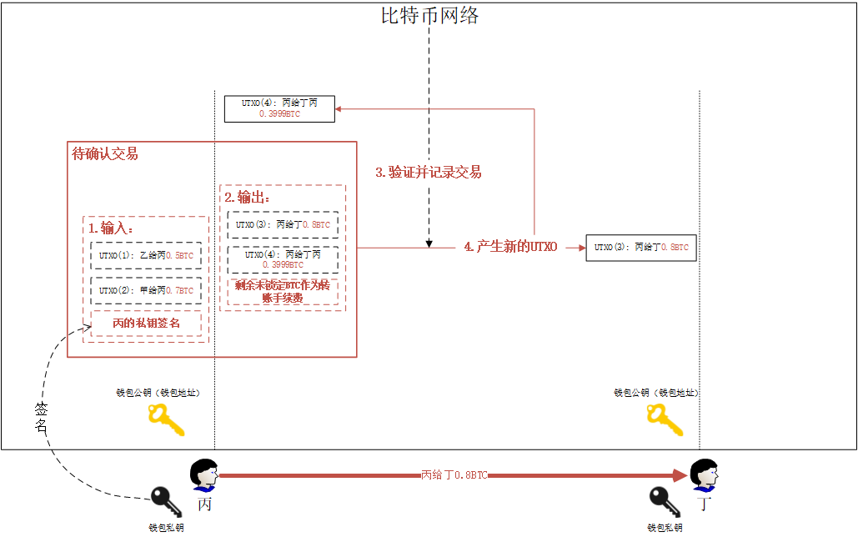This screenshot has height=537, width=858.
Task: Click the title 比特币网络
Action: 429,15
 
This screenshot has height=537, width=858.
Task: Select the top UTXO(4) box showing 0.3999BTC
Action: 279,108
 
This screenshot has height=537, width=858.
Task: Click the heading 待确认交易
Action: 105,153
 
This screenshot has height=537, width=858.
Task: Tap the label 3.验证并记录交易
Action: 428,173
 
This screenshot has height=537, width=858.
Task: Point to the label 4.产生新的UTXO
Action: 510,248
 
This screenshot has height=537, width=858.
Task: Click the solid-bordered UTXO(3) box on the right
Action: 640,248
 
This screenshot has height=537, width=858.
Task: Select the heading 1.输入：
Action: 111,228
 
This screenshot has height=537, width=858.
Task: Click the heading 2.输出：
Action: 247,197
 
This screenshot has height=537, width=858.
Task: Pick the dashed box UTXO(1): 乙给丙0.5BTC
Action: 146,255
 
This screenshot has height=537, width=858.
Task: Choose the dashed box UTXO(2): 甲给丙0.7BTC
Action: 146,290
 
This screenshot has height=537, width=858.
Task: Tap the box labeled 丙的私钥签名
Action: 146,323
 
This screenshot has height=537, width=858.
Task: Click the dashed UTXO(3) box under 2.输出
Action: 283,224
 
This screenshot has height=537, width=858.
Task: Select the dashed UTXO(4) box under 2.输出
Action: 283,259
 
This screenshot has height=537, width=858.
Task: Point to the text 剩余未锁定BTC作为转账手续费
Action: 282,291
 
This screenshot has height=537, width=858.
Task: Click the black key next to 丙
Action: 166,503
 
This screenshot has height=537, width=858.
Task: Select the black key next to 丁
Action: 666,503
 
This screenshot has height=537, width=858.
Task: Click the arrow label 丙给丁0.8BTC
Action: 454,474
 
